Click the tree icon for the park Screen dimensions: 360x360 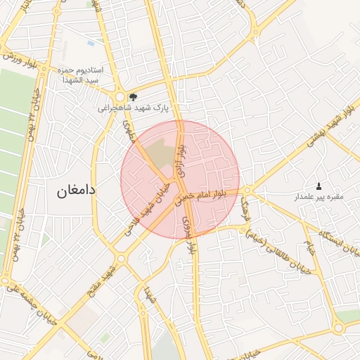[134, 96]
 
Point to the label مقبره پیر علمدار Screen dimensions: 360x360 [319, 197]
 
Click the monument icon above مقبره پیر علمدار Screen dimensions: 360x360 [319, 186]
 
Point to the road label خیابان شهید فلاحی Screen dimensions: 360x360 [152, 203]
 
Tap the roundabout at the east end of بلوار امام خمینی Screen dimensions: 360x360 [248, 190]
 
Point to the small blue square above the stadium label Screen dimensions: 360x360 [91, 44]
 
